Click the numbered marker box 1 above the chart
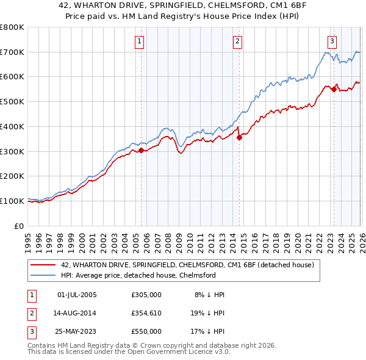coord(140,41)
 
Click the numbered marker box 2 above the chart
coord(237,41)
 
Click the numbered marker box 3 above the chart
coord(332,41)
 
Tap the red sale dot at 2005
coord(141,149)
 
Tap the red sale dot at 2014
coord(239,137)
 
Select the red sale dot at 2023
coord(334,89)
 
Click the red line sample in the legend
coord(43,265)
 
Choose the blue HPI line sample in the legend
coord(43,275)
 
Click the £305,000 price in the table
coord(146,295)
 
